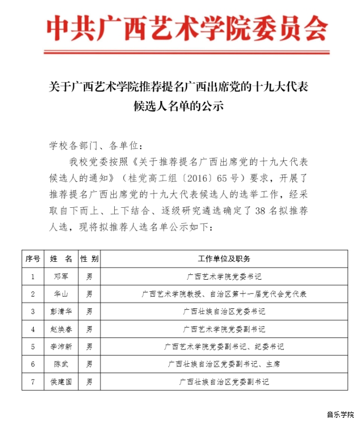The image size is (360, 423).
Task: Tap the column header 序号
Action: tap(33, 259)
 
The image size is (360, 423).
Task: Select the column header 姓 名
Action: tap(61, 259)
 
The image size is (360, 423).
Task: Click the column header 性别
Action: tap(89, 259)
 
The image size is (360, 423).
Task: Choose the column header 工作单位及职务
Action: tap(224, 259)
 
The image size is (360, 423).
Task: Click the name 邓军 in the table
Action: tap(61, 277)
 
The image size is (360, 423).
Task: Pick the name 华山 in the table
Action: tap(61, 294)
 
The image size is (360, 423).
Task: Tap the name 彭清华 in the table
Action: tap(61, 311)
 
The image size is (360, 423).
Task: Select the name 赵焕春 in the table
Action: tap(61, 329)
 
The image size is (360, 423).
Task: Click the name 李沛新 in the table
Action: tap(61, 347)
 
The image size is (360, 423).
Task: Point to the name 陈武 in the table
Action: tap(61, 364)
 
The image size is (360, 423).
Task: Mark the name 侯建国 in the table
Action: tap(61, 382)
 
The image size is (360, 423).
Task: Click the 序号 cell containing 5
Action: tap(33, 347)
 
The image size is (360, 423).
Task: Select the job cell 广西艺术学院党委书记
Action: tap(224, 277)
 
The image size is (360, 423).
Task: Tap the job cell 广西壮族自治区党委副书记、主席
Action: tap(224, 364)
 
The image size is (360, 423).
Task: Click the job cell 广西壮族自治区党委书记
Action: tap(224, 311)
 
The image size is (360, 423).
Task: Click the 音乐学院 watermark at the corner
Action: tap(340, 414)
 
